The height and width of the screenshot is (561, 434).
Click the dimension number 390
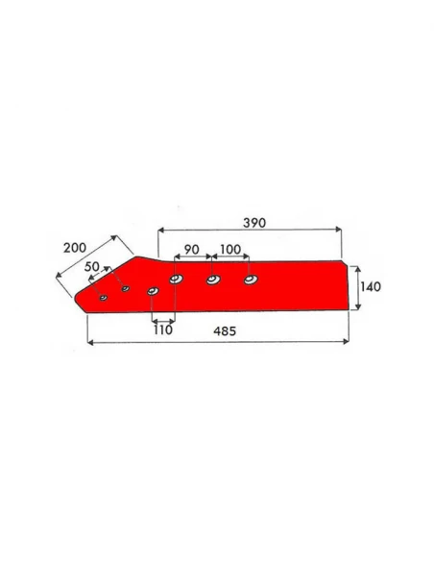pos(254,223)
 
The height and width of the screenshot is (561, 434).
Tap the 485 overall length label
pos(225,331)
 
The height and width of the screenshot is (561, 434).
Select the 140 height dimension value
pos(371,286)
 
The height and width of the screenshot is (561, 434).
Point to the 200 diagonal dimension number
pos(75,248)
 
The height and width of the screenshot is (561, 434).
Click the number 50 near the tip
pos(92,266)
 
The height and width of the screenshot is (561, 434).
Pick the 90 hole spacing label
pos(192,250)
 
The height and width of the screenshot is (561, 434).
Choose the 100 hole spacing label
pos(230,249)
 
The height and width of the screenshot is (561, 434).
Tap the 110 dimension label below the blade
pos(163,329)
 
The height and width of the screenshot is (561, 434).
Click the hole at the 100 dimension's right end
pos(251,280)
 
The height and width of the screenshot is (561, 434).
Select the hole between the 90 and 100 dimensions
pos(213,280)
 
